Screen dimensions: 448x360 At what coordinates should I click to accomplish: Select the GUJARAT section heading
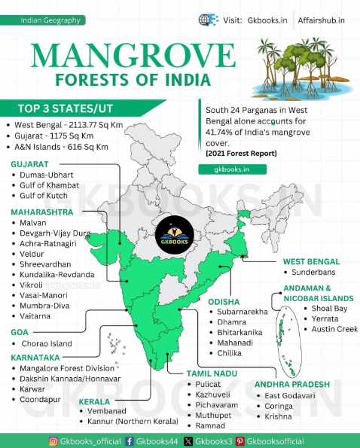pos(30,163)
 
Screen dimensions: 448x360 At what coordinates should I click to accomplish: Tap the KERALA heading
pos(94,402)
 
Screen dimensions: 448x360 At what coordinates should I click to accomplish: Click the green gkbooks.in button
pos(224,170)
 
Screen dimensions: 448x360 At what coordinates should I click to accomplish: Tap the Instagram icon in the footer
pos(53,441)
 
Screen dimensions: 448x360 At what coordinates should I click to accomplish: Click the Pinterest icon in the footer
pos(239,441)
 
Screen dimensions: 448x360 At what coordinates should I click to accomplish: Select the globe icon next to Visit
pos(205,20)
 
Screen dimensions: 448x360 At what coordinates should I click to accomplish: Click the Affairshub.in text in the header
pos(322,20)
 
